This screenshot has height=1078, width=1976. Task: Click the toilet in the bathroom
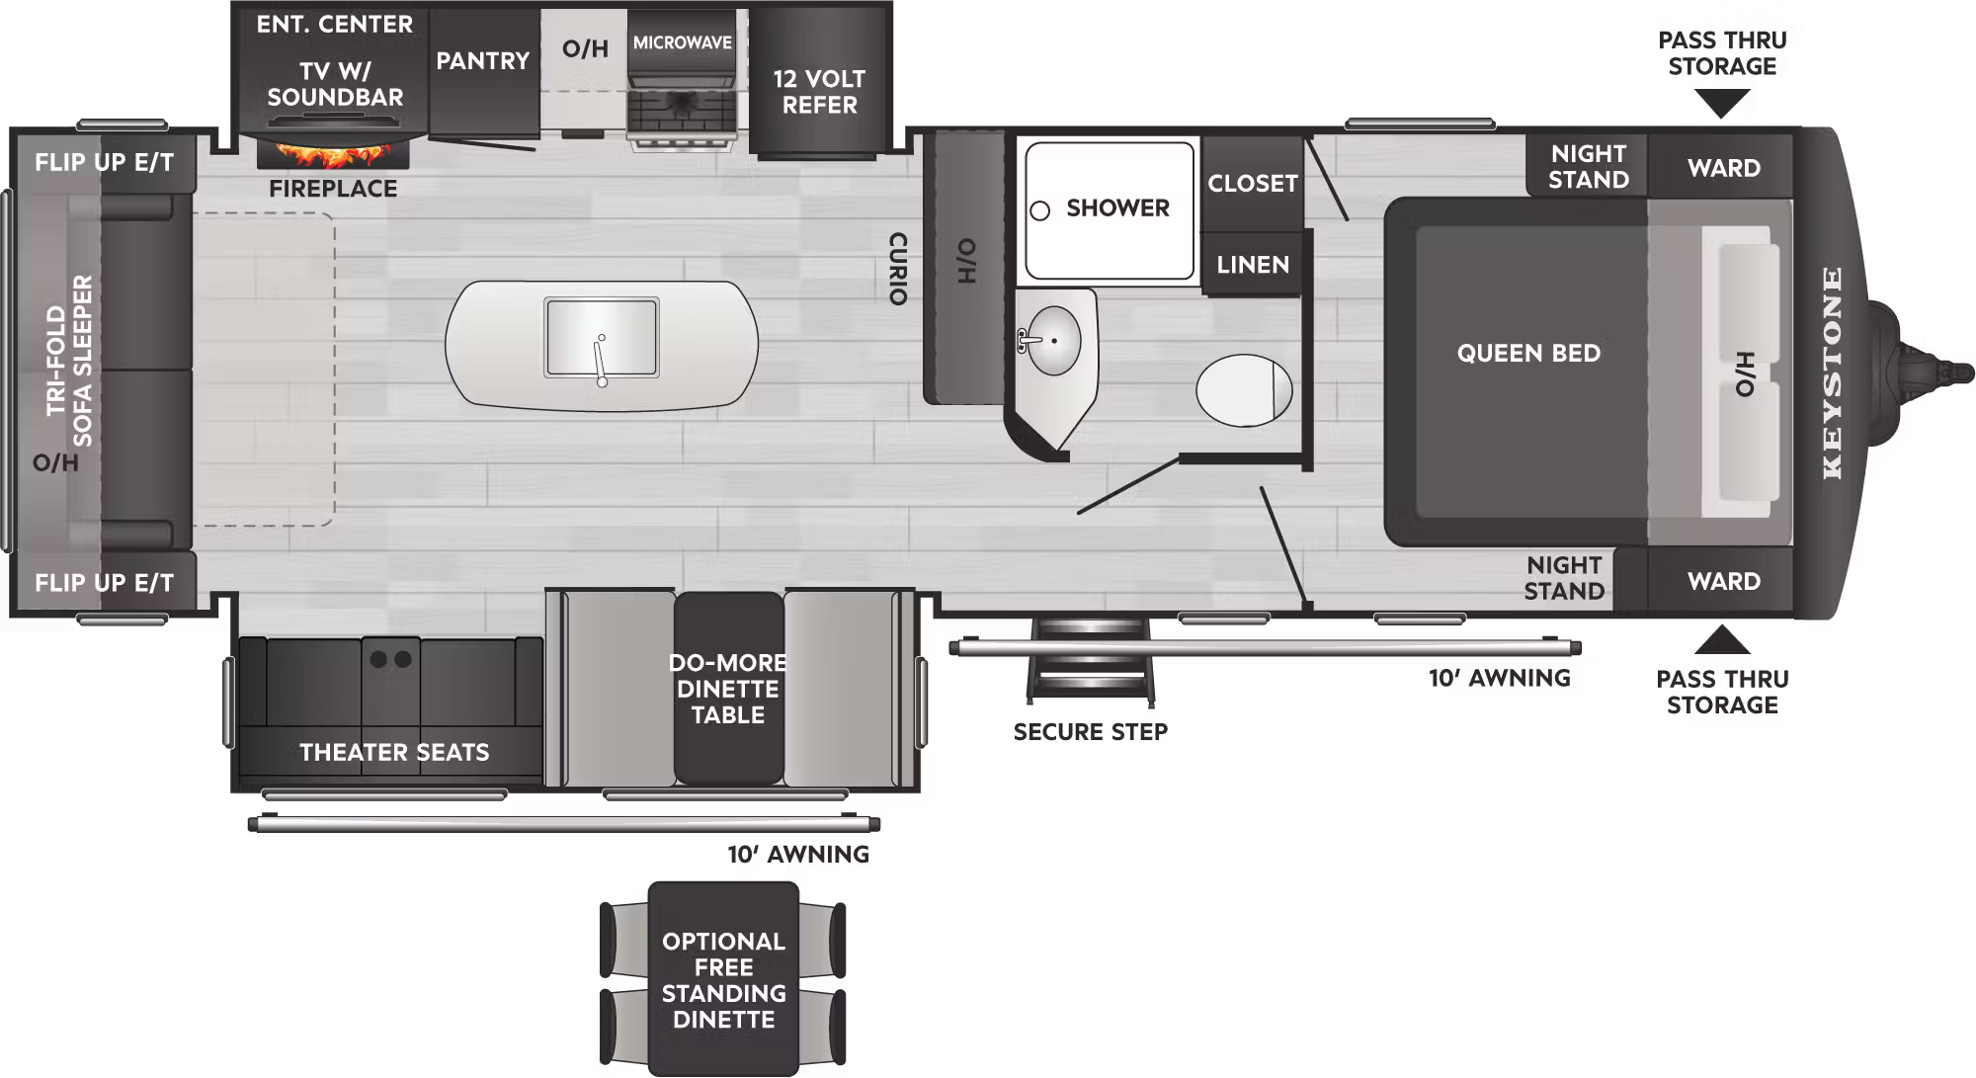pos(1244,390)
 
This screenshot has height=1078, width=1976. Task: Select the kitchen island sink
pos(601,337)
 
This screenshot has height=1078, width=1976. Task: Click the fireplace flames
pos(334,154)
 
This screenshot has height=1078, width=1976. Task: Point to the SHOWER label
pos(1117,207)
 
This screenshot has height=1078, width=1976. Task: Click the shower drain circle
pos(1039,210)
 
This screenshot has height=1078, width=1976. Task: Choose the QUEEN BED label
pos(1528,353)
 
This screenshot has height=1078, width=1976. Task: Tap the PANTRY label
pos(483,60)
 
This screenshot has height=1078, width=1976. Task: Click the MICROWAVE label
pos(683,42)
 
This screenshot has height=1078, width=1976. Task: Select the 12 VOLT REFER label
pos(819,91)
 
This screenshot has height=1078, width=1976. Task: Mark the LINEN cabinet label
pos(1253,265)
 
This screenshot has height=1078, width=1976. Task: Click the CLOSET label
pos(1253,183)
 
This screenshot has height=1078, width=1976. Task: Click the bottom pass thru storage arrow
pos(1722,639)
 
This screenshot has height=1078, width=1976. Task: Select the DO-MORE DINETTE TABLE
pos(728,689)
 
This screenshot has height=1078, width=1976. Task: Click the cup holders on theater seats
pos(390,659)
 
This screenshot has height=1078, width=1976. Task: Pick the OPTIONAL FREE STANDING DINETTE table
pos(723,979)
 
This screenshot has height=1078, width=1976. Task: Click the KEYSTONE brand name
pos(1833,373)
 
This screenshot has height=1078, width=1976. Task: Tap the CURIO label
pos(897,269)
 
